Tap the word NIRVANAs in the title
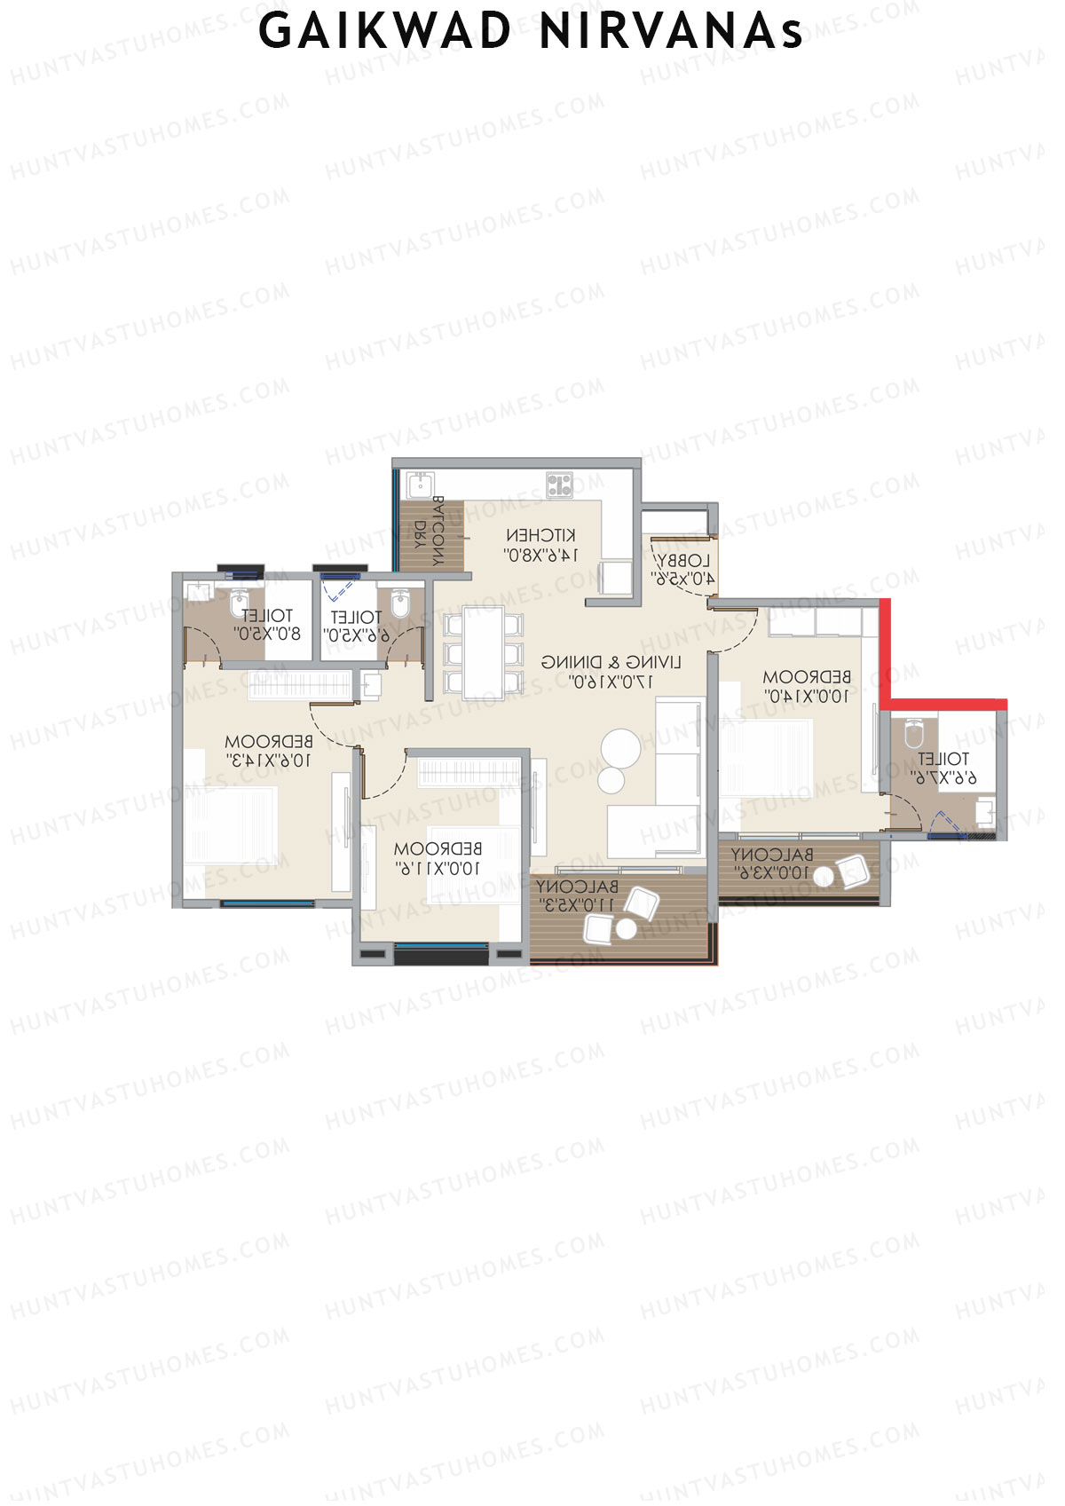[x=671, y=32]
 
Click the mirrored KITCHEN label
[x=540, y=535]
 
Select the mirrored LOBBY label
[x=683, y=561]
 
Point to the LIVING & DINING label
[x=611, y=662]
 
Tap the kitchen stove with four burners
[x=559, y=484]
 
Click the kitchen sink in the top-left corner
[x=418, y=485]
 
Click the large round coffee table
[x=620, y=747]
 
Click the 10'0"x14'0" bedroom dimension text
[x=806, y=697]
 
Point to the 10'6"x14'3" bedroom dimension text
[x=269, y=761]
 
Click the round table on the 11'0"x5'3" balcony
[x=627, y=929]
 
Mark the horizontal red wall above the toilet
[x=948, y=704]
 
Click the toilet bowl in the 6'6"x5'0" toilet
[x=398, y=604]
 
